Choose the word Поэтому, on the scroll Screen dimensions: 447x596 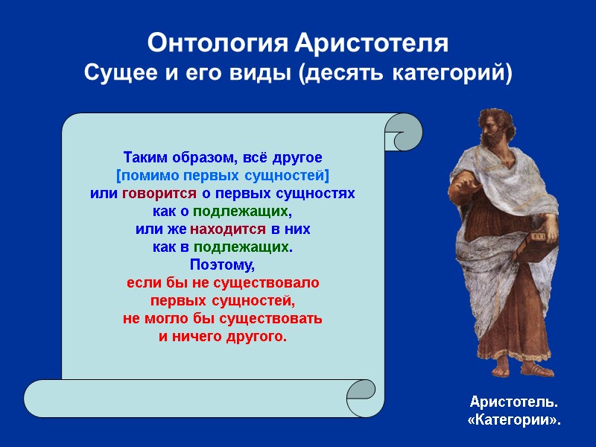tap(223, 264)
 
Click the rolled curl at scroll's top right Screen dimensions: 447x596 tap(402, 133)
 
